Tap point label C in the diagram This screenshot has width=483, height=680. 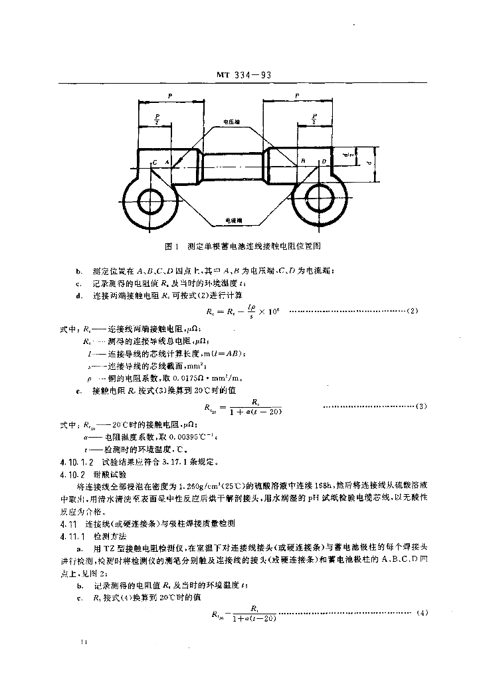tap(154, 162)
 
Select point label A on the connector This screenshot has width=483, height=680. tap(167, 162)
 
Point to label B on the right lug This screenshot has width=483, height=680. tap(302, 161)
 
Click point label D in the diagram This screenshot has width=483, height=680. tap(324, 161)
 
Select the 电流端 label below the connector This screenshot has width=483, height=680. tap(233, 220)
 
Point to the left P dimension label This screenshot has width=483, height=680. tap(170, 96)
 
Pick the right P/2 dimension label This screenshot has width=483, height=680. tap(313, 119)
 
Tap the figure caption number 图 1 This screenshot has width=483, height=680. tap(171, 246)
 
